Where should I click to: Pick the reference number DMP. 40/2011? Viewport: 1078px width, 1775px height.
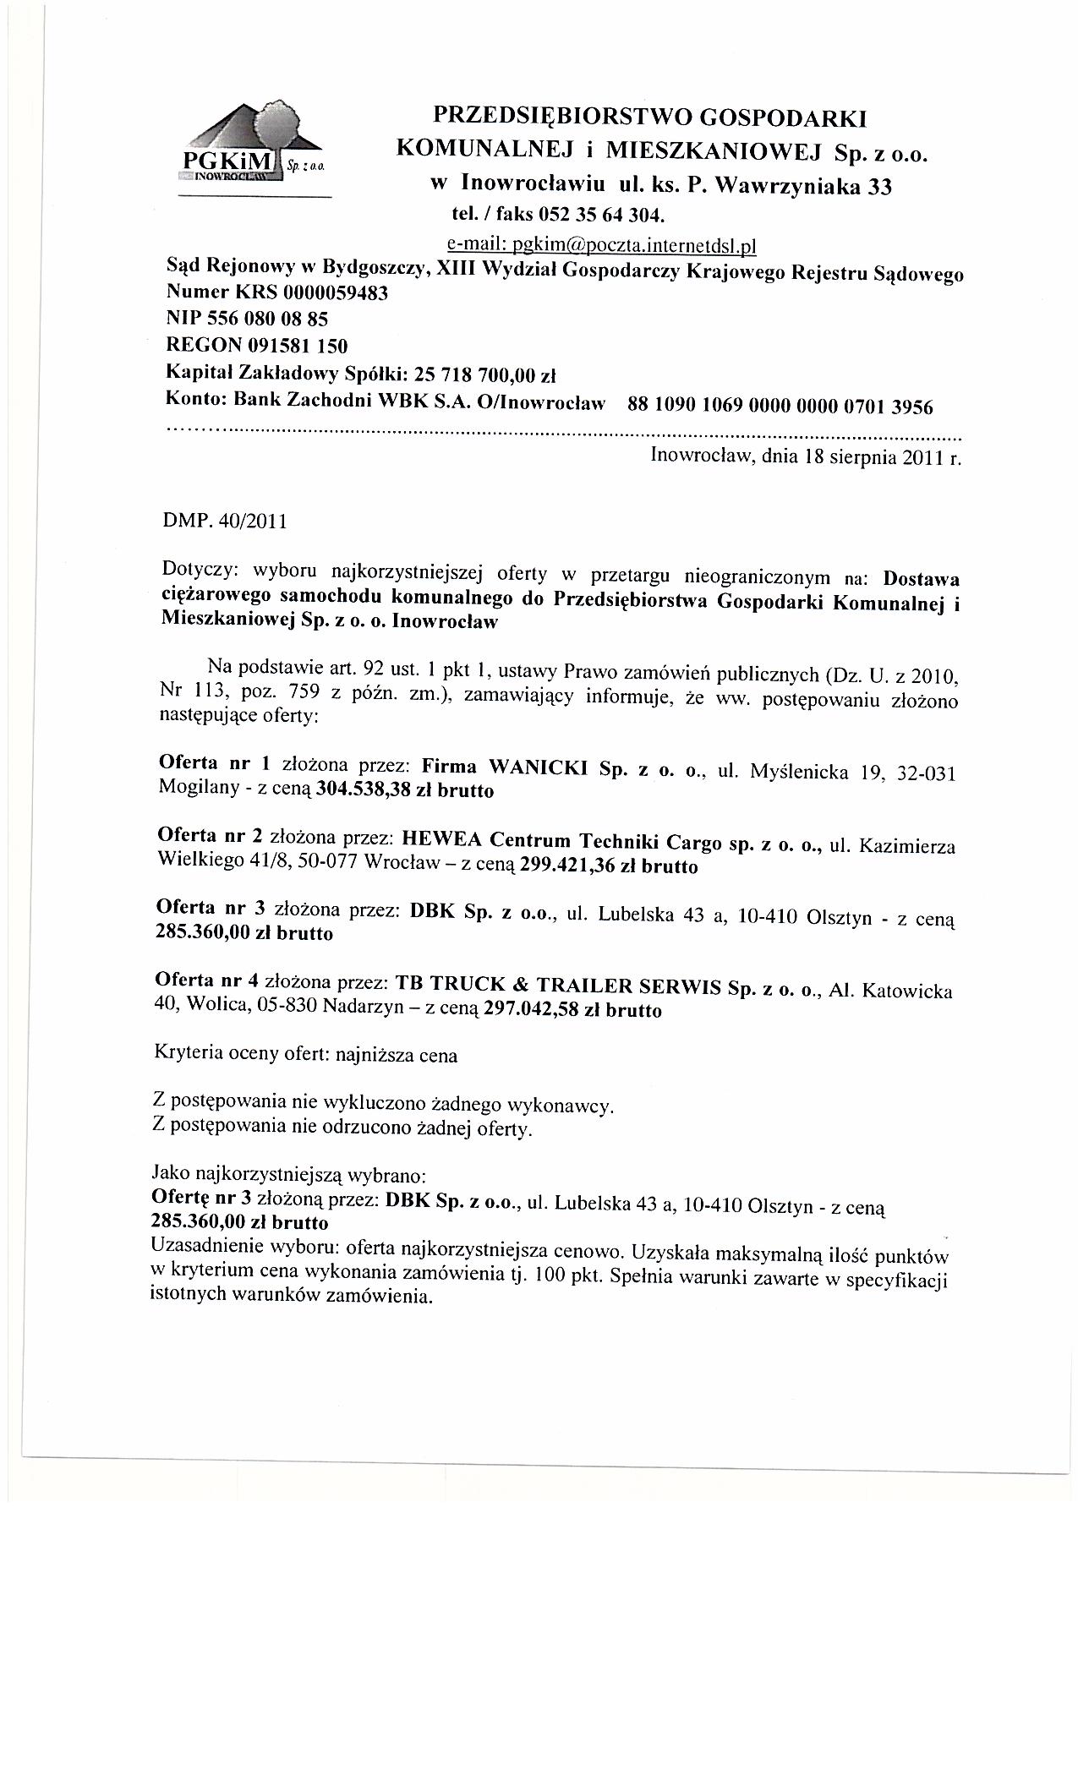[224, 521]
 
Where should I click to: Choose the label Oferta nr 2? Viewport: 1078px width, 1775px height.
[209, 836]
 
